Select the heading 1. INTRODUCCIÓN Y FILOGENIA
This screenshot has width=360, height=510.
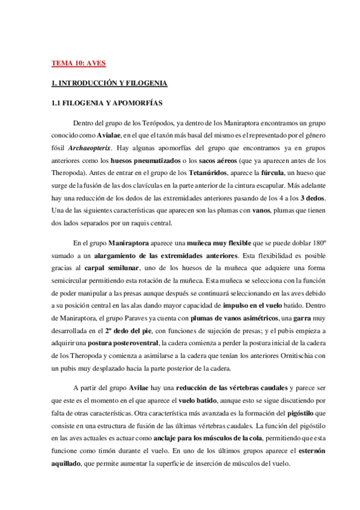[109, 82]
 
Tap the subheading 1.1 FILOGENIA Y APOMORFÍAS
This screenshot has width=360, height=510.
[108, 103]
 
